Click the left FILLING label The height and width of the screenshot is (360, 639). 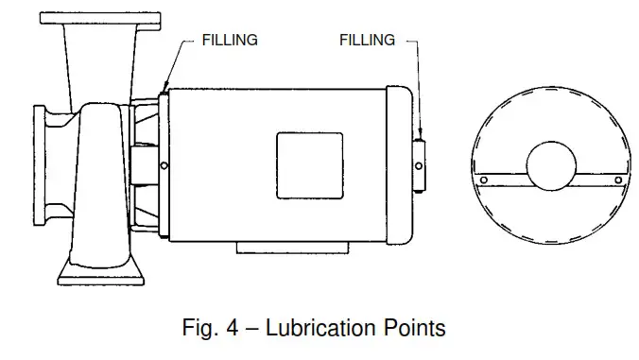pyautogui.click(x=230, y=41)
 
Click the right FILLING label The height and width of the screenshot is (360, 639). pyautogui.click(x=368, y=41)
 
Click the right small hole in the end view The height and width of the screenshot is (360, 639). pyautogui.click(x=618, y=180)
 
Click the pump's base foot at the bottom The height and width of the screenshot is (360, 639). pyautogui.click(x=101, y=275)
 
